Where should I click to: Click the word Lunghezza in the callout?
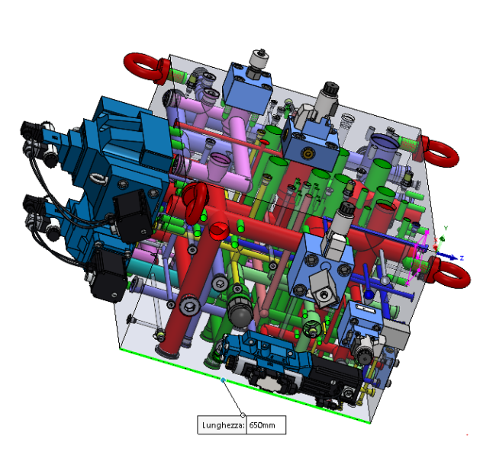[223, 425]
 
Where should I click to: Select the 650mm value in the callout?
[262, 425]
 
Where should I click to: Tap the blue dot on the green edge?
[223, 380]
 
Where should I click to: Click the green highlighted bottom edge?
[245, 386]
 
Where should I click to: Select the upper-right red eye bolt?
[439, 152]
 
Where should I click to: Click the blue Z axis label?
[462, 258]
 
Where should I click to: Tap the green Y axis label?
[446, 228]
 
